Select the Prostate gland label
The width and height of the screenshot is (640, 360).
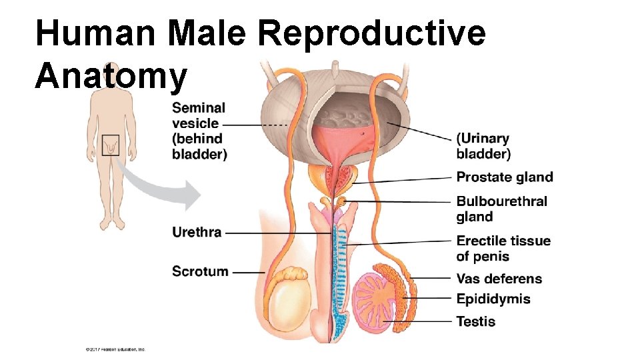504,177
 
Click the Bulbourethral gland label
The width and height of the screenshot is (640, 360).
501,209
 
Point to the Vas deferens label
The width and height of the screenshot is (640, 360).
499,279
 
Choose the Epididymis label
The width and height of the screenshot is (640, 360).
493,299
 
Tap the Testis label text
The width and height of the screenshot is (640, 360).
475,321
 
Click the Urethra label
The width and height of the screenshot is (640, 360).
197,233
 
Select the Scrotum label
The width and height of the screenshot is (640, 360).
200,271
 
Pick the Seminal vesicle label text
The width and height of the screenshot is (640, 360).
199,131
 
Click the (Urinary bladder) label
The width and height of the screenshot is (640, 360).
483,146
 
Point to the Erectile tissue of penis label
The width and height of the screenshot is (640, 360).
503,248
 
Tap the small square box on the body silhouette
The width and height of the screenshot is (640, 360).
111,144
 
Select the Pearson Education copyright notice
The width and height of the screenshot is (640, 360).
115,349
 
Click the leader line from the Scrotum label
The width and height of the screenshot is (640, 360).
249,272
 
